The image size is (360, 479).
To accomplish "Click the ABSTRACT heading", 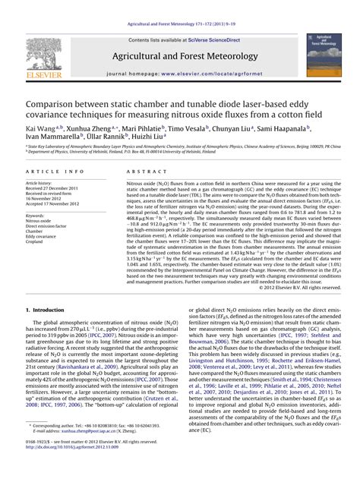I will click(141, 173).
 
